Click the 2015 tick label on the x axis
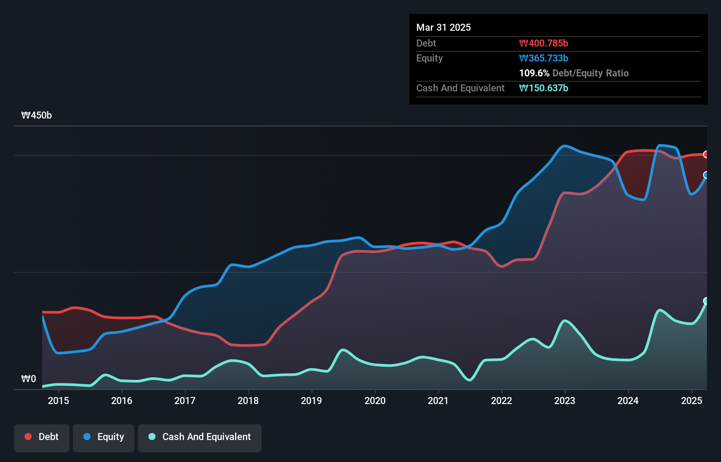coord(58,401)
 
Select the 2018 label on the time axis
coord(248,401)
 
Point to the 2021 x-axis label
coord(438,401)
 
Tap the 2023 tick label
coord(565,401)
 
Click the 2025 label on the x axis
coord(692,401)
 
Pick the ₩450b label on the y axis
coord(36,115)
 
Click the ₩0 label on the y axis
coord(29,379)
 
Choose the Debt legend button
coord(42,437)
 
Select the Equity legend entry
coord(104,437)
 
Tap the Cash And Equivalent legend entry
coord(200,437)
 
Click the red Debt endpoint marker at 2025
coord(706,154)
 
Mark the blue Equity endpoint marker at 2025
coord(706,175)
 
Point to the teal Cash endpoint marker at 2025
coord(706,301)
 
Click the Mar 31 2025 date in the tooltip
coord(443,27)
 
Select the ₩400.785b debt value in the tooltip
coord(544,43)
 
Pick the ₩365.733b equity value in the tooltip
coord(544,58)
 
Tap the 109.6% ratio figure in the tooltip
coord(534,73)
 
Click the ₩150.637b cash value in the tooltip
coord(544,88)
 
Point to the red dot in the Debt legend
coord(28,437)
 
